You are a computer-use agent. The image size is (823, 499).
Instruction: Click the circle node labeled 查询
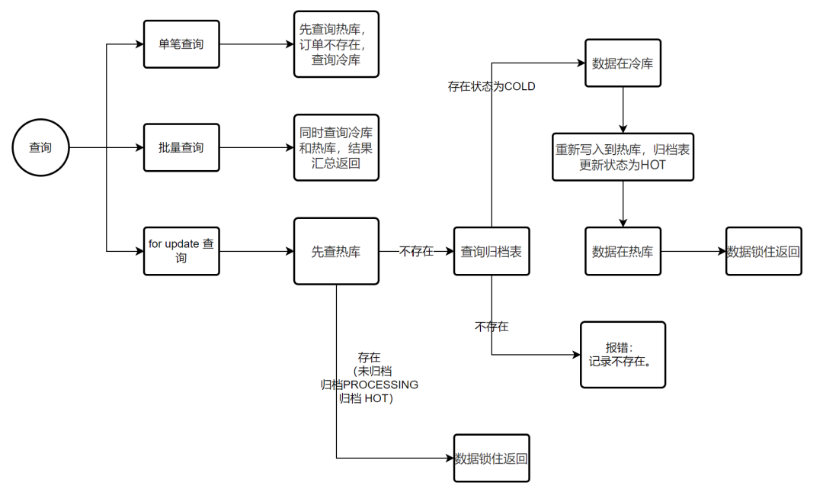click(40, 147)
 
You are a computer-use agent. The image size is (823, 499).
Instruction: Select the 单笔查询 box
click(181, 44)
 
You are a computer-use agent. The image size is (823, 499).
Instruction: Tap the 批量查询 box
click(181, 147)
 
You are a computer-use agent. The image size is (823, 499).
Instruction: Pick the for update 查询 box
click(181, 251)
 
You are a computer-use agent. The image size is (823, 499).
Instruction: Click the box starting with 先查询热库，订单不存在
click(336, 44)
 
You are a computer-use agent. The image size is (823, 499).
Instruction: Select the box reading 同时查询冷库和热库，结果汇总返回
click(336, 147)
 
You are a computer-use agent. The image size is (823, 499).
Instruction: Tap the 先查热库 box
click(336, 251)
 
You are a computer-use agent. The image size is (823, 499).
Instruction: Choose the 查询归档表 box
click(492, 251)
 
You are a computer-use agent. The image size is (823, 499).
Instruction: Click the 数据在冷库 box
click(623, 63)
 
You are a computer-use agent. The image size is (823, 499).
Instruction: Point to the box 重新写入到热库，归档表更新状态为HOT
click(623, 157)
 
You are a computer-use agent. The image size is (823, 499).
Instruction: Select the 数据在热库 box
click(623, 251)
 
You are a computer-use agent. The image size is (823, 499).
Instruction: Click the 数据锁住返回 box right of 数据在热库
click(764, 251)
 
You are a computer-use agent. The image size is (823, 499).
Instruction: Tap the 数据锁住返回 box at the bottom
click(492, 459)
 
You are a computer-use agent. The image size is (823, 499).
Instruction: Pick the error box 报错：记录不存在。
click(623, 355)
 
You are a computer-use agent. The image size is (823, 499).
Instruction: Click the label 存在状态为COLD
click(492, 87)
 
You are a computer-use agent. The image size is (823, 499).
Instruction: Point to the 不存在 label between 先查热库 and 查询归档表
click(416, 251)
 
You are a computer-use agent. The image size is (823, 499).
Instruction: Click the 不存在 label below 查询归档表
click(492, 327)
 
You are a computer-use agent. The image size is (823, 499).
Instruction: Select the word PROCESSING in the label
click(380, 385)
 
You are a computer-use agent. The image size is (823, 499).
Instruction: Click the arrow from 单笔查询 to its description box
click(256, 44)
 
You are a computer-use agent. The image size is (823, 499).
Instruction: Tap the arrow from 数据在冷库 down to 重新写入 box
click(623, 110)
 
